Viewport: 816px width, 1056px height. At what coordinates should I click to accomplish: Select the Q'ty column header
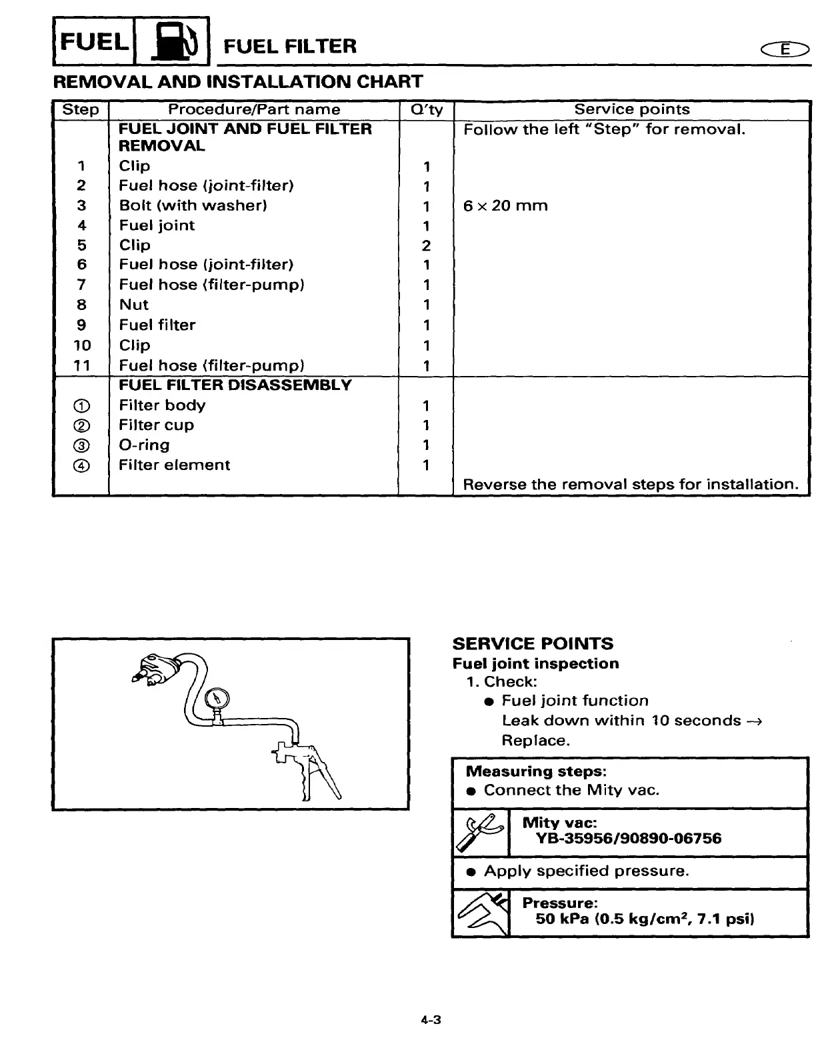click(426, 110)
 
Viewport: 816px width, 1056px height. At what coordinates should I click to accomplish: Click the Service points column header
click(631, 109)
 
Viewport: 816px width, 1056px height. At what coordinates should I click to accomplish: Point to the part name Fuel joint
click(157, 225)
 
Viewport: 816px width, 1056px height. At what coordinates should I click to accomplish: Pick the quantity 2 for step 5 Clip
click(426, 245)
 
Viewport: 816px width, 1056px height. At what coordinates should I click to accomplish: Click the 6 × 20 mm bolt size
click(505, 205)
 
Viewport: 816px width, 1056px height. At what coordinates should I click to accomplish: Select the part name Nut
click(133, 305)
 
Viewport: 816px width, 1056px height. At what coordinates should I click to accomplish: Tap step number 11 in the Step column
click(81, 365)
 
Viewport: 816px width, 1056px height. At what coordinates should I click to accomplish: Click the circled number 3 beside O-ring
click(81, 445)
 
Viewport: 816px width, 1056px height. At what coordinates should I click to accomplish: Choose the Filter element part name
click(174, 465)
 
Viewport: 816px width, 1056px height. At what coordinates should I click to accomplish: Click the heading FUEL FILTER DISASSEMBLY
click(235, 385)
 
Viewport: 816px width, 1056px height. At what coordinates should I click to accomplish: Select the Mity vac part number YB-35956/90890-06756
click(629, 838)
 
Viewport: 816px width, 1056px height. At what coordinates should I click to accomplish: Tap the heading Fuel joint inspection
click(535, 663)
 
